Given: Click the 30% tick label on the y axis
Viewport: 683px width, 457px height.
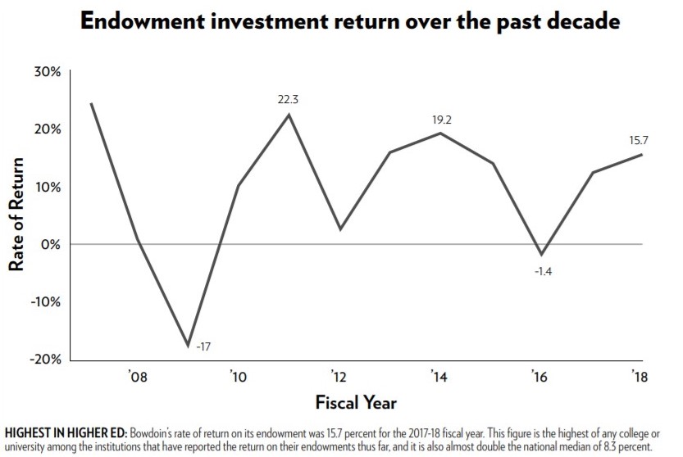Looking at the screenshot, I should point(46,72).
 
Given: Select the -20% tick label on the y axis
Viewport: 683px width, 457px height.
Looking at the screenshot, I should point(43,360).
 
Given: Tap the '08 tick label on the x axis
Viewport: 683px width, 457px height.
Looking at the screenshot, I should point(137,377).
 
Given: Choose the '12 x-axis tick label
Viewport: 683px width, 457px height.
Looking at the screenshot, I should point(338,377).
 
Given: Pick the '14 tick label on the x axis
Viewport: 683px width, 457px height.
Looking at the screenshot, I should point(439,377).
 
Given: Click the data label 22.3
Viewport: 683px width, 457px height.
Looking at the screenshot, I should point(288,99).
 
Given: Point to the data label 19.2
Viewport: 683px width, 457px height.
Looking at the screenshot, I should point(443,120).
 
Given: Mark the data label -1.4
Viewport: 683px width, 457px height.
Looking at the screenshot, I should point(543,271).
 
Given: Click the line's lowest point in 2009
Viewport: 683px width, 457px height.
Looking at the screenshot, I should point(188,346).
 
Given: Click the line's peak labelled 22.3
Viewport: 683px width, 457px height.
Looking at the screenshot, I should point(288,115).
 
